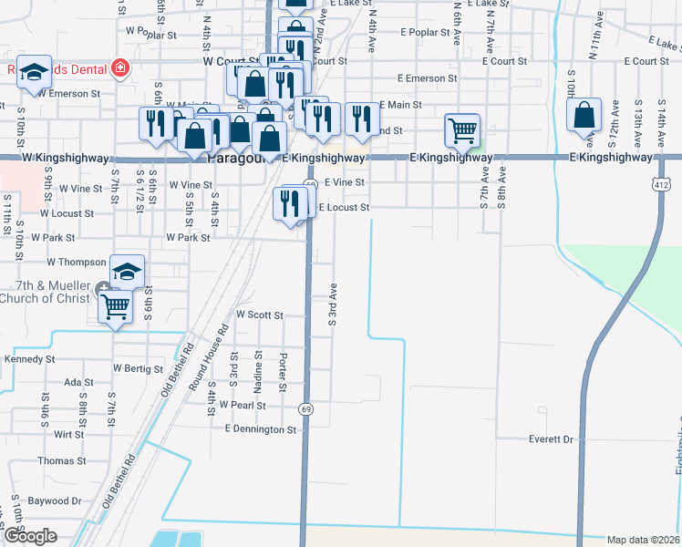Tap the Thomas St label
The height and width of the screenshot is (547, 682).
click(x=62, y=461)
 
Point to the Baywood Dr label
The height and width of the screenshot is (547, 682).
click(x=55, y=501)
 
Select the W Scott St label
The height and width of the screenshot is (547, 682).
click(x=260, y=315)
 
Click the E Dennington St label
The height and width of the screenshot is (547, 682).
click(x=261, y=428)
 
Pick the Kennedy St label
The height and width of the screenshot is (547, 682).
click(x=24, y=359)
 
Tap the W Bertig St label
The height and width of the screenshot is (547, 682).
click(x=137, y=368)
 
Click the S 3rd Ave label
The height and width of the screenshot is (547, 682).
click(x=334, y=304)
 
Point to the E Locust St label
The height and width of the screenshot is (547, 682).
click(x=343, y=208)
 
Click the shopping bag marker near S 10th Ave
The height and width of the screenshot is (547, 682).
click(x=584, y=115)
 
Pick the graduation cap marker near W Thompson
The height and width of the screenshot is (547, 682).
click(x=127, y=270)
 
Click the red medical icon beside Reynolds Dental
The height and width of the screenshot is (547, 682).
click(x=119, y=67)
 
